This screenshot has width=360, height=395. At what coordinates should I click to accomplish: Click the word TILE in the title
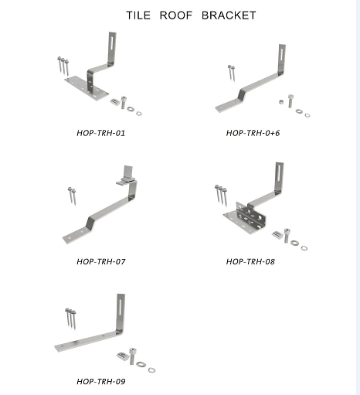[x=138, y=15]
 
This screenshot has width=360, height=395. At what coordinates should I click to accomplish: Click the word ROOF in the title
[x=176, y=15]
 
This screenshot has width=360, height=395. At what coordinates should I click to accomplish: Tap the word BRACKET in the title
[x=229, y=15]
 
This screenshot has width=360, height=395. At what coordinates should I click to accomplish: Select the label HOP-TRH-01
[x=101, y=133]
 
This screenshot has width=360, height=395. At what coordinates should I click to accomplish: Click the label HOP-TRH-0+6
[x=253, y=133]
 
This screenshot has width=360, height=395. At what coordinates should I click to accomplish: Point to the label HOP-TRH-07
[x=101, y=261]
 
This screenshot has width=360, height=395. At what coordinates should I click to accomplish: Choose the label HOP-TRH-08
[x=250, y=261]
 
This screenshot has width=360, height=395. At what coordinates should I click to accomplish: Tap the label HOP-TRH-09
[x=101, y=381]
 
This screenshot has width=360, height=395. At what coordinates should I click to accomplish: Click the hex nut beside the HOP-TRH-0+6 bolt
[x=281, y=102]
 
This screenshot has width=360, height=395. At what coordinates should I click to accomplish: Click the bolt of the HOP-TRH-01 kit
[x=124, y=102]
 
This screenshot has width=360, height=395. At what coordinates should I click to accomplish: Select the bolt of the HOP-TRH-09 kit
[x=132, y=356]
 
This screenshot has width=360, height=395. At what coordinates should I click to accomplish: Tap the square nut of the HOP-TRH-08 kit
[x=277, y=234]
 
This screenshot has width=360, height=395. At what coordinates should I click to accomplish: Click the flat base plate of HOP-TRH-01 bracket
[x=87, y=88]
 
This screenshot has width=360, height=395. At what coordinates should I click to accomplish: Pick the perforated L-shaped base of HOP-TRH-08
[x=245, y=219]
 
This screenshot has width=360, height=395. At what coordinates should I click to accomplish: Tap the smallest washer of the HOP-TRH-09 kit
[x=151, y=370]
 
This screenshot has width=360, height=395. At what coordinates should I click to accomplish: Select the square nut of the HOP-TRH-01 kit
[x=115, y=102]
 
